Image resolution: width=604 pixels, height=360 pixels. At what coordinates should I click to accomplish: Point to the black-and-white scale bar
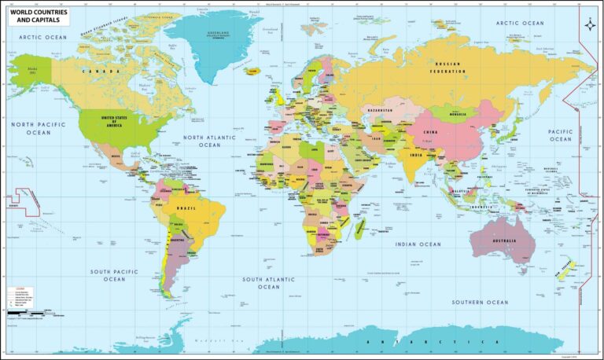pyautogui.click(x=22, y=314)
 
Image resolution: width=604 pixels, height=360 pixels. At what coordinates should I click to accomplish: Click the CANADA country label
pyautogui.click(x=97, y=71)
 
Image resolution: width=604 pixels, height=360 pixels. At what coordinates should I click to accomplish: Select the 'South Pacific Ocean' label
pyautogui.click(x=114, y=275)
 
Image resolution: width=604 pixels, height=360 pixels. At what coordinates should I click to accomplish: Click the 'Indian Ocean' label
pyautogui.click(x=419, y=244)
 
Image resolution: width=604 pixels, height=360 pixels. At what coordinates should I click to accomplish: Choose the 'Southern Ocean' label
pyautogui.click(x=480, y=302)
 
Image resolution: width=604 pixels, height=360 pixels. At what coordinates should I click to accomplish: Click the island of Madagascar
pyautogui.click(x=361, y=229)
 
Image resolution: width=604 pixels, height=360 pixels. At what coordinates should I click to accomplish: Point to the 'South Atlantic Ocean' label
pyautogui.click(x=269, y=283)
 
